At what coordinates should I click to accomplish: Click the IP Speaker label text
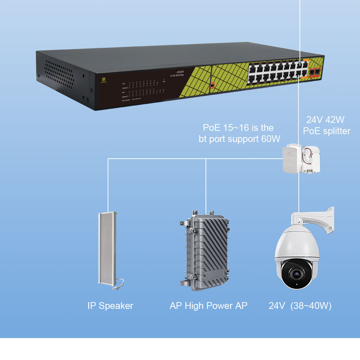coord(110,306)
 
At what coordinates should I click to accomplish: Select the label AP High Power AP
coord(208,306)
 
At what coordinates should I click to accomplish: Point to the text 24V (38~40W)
coord(300,306)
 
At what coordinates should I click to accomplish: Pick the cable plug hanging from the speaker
coord(117,288)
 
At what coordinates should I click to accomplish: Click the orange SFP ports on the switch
coord(315,72)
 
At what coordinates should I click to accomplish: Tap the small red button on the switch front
coord(212,86)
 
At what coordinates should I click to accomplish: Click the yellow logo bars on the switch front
coord(103,79)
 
